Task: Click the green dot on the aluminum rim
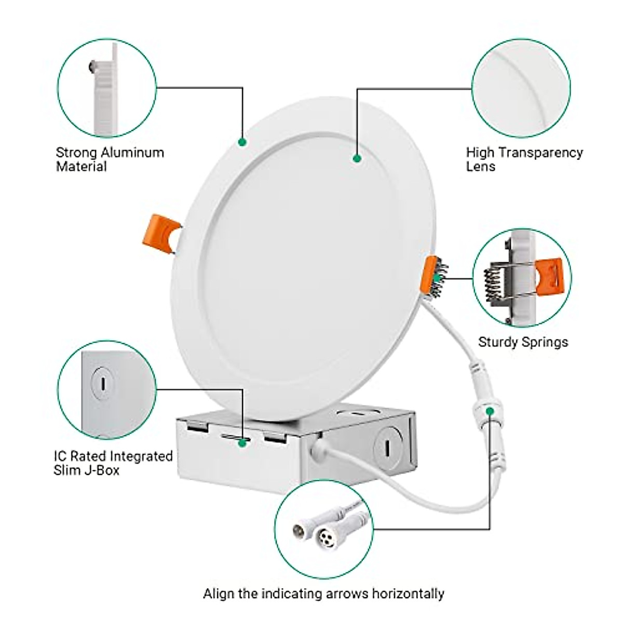[x=242, y=141]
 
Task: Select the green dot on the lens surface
[x=357, y=158]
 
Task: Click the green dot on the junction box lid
[x=242, y=443]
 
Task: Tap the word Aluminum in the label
[x=132, y=153]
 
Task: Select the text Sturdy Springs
[x=523, y=342]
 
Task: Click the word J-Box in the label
[x=102, y=470]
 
